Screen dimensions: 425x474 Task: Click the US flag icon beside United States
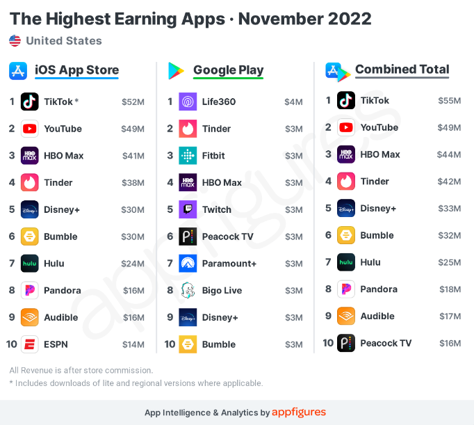point(15,41)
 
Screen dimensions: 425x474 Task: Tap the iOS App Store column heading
point(76,70)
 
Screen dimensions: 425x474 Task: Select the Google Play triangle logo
point(177,70)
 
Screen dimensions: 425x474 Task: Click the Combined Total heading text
point(402,70)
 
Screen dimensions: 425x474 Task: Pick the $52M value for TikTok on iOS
point(133,102)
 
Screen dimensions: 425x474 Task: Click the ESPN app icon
point(30,344)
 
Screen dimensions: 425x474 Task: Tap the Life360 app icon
point(188,102)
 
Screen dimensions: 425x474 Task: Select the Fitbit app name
point(213,156)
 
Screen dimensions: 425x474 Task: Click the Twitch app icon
point(188,209)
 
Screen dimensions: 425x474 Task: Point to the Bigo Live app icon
point(188,291)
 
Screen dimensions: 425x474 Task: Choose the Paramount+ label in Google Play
point(229,264)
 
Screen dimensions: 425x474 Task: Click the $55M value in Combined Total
point(449,100)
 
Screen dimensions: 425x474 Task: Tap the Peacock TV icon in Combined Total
point(346,343)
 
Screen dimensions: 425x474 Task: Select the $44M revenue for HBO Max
point(449,154)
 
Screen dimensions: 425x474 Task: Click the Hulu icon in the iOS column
point(30,264)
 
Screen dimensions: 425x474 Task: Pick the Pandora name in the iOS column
point(62,291)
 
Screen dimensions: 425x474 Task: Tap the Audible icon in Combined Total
point(346,316)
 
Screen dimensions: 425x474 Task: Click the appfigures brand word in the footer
point(299,412)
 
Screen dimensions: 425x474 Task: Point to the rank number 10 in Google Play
point(170,344)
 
